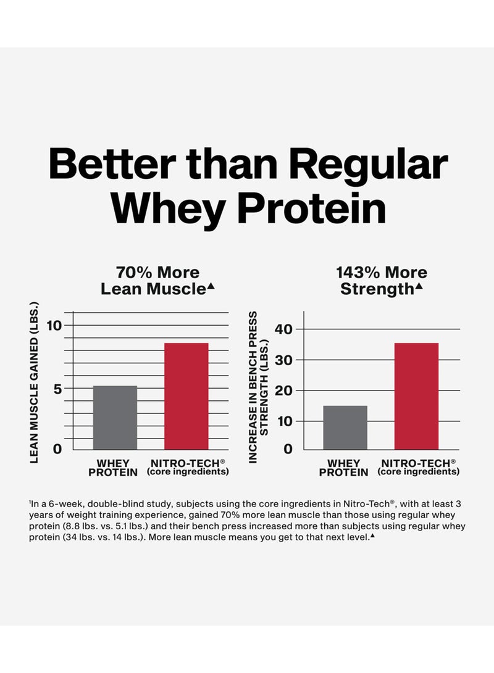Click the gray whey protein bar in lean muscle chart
[x=115, y=418]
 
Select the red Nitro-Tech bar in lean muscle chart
[x=186, y=396]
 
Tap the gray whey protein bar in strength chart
[x=345, y=427]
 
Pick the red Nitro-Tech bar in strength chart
[x=416, y=396]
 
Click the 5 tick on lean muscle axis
[x=57, y=389]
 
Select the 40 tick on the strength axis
[x=283, y=329]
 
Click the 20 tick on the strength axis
[x=283, y=390]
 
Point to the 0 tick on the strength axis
[x=287, y=448]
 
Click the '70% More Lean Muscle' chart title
[x=158, y=280]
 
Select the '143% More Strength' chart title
[x=382, y=280]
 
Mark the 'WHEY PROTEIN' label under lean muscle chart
[x=114, y=467]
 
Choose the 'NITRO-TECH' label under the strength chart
[x=419, y=463]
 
